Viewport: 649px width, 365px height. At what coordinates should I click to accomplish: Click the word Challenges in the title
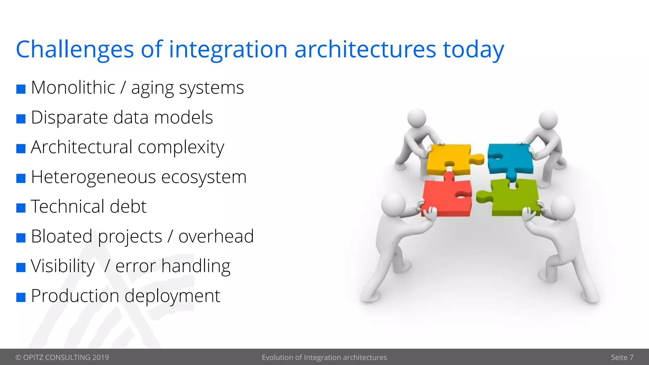pyautogui.click(x=75, y=50)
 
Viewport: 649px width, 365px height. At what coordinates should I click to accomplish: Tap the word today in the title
pyautogui.click(x=473, y=50)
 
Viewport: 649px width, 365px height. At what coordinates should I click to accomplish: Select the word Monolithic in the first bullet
pyautogui.click(x=73, y=88)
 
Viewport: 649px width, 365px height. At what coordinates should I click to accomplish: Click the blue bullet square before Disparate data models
pyautogui.click(x=21, y=119)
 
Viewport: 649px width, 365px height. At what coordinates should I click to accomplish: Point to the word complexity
pyautogui.click(x=181, y=148)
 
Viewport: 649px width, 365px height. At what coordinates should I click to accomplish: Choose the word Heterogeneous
pyautogui.click(x=93, y=177)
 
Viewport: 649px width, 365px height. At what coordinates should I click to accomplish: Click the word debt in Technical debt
pyautogui.click(x=128, y=207)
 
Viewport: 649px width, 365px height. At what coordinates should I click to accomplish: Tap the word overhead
pyautogui.click(x=216, y=236)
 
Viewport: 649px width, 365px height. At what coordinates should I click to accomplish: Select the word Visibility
pyautogui.click(x=63, y=266)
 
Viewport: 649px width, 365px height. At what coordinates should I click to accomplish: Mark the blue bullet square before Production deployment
pyautogui.click(x=21, y=297)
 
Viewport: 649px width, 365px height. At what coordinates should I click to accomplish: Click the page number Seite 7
pyautogui.click(x=622, y=357)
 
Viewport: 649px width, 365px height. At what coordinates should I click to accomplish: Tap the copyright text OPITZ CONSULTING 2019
pyautogui.click(x=62, y=357)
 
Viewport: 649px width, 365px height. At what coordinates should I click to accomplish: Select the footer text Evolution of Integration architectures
pyautogui.click(x=324, y=357)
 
